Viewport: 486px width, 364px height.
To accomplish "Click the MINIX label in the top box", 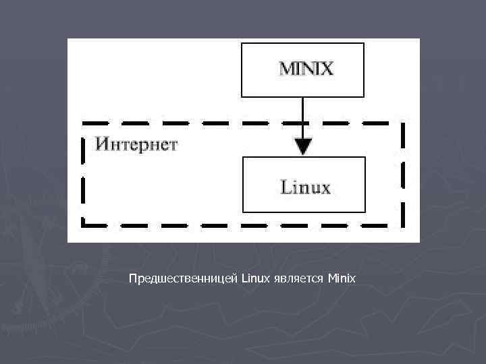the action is point(306,69).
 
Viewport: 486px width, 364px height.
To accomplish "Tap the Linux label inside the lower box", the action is point(305,187).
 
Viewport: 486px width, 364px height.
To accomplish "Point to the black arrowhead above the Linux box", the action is point(304,146).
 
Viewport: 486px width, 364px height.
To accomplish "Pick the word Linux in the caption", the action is point(254,278).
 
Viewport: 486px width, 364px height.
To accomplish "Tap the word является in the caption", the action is point(298,278).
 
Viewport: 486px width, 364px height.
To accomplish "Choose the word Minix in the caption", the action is point(341,278).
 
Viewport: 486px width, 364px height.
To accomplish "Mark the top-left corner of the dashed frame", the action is point(83,123).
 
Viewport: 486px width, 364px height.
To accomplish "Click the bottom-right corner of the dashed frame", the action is point(404,224).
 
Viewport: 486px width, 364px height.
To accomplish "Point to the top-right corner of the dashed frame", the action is point(404,123).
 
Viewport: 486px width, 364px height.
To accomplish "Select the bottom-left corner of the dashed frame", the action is point(83,224).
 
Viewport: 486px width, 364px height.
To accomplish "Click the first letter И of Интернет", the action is point(101,144).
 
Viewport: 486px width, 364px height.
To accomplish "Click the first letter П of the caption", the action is point(132,278).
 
